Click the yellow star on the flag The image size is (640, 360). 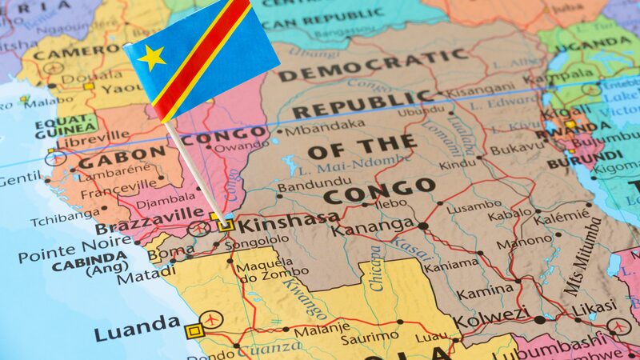pyautogui.click(x=151, y=57)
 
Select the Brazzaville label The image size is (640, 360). pyautogui.click(x=150, y=220)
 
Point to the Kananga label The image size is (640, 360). pyautogui.click(x=373, y=228)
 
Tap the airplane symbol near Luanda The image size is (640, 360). pyautogui.click(x=211, y=318)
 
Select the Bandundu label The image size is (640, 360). pyautogui.click(x=303, y=187)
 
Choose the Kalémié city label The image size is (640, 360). pyautogui.click(x=561, y=216)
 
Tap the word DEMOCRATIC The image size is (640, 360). pyautogui.click(x=371, y=64)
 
